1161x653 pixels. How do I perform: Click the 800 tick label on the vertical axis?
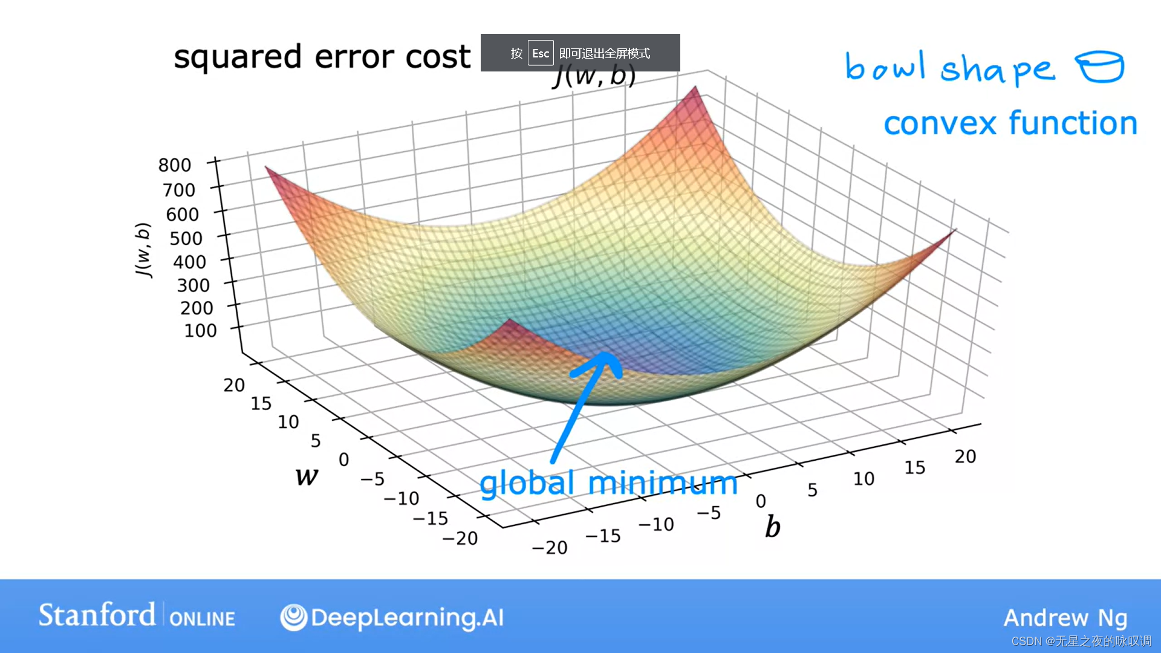[x=175, y=164]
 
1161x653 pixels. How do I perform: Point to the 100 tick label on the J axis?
[x=201, y=331]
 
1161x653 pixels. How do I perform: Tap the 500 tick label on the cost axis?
[x=186, y=238]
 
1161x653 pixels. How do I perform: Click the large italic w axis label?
[x=307, y=476]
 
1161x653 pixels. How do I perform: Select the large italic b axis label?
[x=773, y=526]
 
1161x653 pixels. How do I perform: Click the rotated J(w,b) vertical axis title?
[x=143, y=250]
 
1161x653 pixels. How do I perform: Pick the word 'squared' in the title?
[x=238, y=58]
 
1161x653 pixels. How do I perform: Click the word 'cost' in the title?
[x=438, y=57]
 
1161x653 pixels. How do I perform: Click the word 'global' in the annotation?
[x=527, y=485]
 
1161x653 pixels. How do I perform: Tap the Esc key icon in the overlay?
[x=541, y=53]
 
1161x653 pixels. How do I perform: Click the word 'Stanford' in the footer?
[x=97, y=615]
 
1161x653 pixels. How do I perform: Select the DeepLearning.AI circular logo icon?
[x=294, y=617]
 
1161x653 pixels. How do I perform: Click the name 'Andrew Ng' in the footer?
[x=1065, y=618]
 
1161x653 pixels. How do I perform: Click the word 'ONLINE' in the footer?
[x=202, y=619]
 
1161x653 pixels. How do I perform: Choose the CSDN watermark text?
[x=1081, y=641]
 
